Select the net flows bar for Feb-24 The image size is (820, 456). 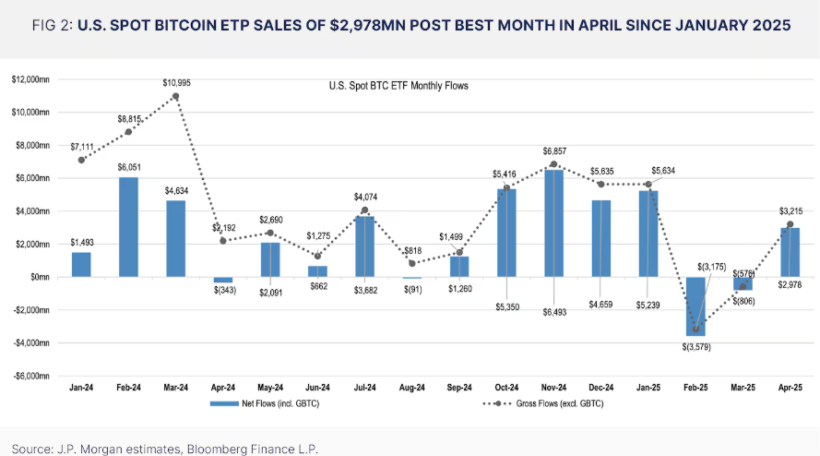(x=128, y=227)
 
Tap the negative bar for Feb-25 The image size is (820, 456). (x=695, y=306)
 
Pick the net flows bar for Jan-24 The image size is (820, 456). (x=81, y=264)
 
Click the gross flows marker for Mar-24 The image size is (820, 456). (x=175, y=96)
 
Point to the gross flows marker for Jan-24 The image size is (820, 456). (x=82, y=160)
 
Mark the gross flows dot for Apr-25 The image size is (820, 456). (x=790, y=224)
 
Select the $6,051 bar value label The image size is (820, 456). (x=128, y=167)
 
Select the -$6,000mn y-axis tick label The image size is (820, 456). (x=30, y=376)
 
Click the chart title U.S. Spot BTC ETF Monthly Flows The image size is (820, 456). (x=399, y=86)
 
